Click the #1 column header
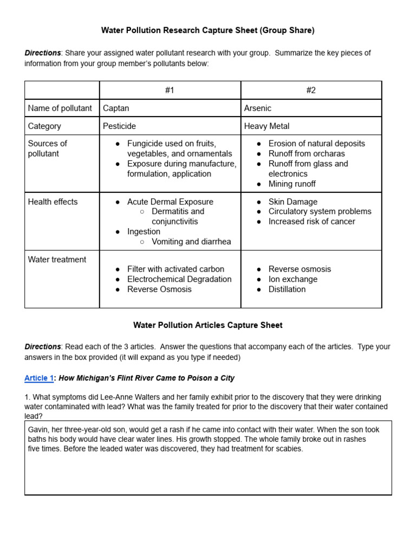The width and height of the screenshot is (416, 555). coord(170,90)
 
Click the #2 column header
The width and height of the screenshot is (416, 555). coord(311,90)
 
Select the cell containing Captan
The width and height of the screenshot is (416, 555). coord(116,108)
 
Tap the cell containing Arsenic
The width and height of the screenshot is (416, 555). coord(257,108)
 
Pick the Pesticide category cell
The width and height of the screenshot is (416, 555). coord(119,126)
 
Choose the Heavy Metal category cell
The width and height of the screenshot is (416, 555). coord(266,126)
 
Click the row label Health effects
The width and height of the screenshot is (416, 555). coord(53,202)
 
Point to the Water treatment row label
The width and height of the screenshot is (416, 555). coord(57,259)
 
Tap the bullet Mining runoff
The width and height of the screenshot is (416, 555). coord(292,184)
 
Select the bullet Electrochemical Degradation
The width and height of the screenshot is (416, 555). coord(179,279)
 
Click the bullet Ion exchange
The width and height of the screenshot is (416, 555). coord(293,279)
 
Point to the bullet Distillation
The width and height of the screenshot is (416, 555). coord(287,289)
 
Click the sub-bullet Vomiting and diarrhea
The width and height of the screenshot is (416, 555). coord(191,242)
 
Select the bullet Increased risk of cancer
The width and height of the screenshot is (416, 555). coord(312,221)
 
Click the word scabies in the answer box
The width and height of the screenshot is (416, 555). coord(289,449)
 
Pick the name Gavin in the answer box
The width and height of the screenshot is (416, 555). coord(39,429)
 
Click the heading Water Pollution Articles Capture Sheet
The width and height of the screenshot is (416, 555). coord(208,325)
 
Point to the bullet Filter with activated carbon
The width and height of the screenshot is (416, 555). coord(175,269)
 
